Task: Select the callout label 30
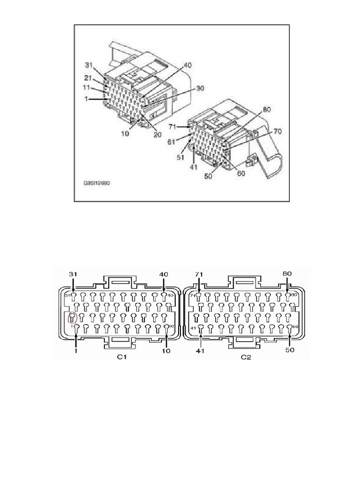pyautogui.click(x=201, y=88)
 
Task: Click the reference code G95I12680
pyautogui.click(x=97, y=184)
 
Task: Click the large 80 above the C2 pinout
pyautogui.click(x=288, y=274)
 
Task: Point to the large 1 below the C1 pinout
pyautogui.click(x=75, y=350)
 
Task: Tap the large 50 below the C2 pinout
pyautogui.click(x=290, y=350)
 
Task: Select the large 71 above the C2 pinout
pyautogui.click(x=199, y=274)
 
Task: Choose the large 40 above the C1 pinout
pyautogui.click(x=164, y=274)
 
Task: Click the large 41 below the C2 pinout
pyautogui.click(x=201, y=350)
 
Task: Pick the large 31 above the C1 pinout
pyautogui.click(x=74, y=274)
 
